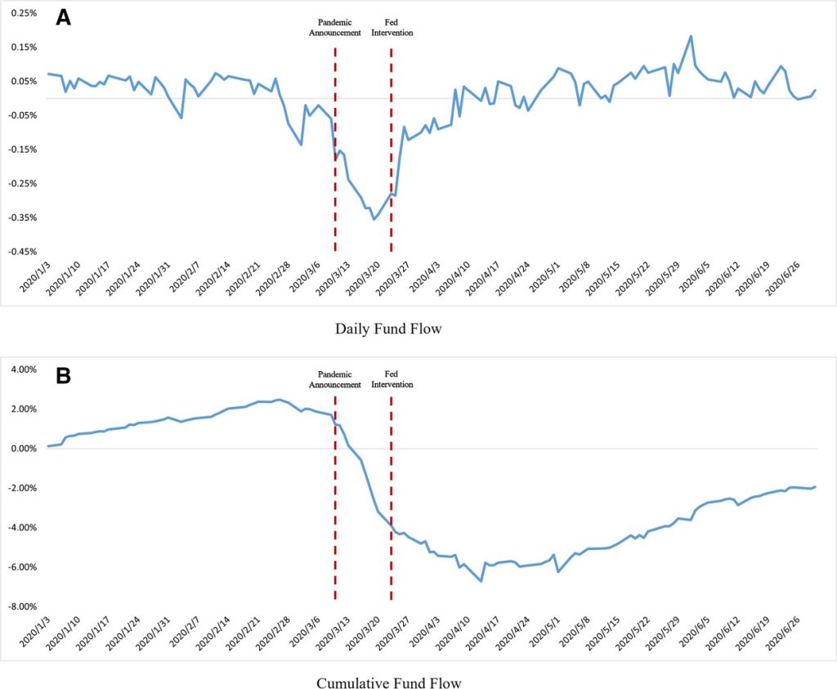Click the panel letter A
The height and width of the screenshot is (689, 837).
[63, 17]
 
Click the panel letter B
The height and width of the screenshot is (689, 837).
[63, 377]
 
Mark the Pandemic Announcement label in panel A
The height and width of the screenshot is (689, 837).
[335, 28]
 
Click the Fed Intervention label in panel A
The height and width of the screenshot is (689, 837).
[392, 28]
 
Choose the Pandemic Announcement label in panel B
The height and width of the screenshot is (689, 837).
[335, 379]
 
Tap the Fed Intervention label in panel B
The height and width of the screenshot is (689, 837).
[392, 379]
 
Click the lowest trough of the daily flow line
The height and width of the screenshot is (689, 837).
[374, 219]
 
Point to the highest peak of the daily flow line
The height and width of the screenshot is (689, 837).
[691, 36]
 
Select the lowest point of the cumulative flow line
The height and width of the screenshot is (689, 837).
[481, 581]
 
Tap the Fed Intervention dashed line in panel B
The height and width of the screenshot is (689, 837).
[391, 507]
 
